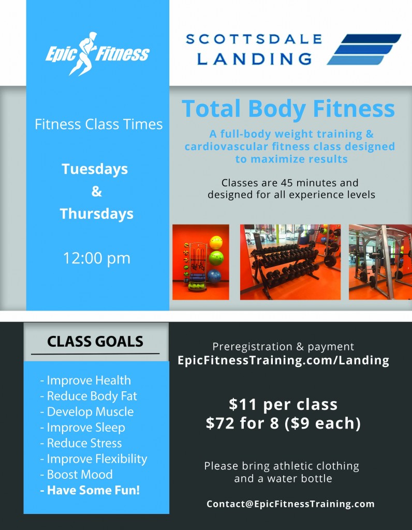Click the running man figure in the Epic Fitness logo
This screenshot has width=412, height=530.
[84, 53]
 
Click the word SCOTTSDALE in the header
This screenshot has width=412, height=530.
[254, 39]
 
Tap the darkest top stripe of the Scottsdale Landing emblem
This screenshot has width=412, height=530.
[371, 38]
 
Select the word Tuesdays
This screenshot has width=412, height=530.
[95, 169]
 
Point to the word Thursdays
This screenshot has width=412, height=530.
[97, 214]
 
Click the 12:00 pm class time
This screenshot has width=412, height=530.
[97, 258]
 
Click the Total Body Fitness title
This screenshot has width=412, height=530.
[288, 109]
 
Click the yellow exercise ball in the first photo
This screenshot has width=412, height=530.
[216, 243]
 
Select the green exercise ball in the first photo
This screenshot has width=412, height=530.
[216, 258]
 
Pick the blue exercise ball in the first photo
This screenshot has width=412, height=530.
[214, 276]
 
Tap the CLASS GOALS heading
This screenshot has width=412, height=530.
[95, 342]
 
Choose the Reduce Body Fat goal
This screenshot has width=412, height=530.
[89, 396]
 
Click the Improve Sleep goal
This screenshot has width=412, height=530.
[83, 427]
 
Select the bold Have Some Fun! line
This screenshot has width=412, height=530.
[90, 490]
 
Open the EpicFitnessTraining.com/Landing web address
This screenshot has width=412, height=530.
[283, 360]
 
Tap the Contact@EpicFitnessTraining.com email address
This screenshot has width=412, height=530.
[291, 504]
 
